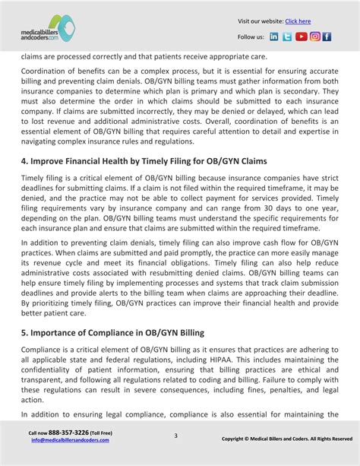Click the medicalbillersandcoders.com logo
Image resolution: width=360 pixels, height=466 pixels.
click(48, 29)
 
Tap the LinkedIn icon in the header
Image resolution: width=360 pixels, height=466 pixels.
click(274, 36)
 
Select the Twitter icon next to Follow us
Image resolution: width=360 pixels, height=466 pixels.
click(287, 36)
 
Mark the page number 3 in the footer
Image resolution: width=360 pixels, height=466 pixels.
click(175, 436)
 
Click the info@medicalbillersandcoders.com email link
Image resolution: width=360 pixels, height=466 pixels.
click(63, 440)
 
